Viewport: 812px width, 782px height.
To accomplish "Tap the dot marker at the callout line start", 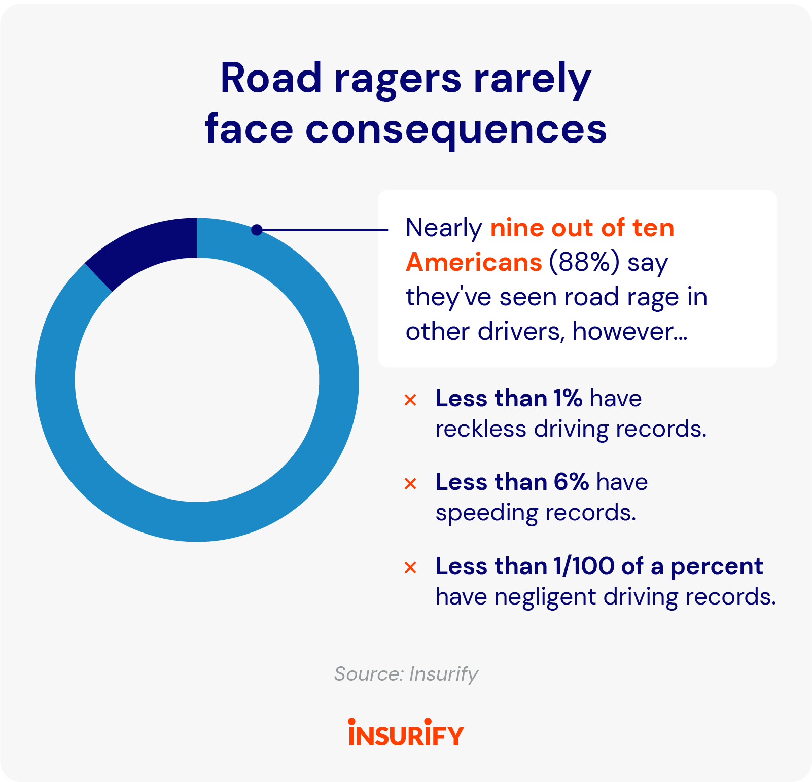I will click(x=257, y=230).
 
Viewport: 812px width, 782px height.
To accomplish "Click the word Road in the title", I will click(x=271, y=79).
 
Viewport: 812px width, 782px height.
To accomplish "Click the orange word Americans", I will click(x=474, y=263).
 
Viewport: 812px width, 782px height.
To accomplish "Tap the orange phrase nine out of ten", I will click(x=582, y=228).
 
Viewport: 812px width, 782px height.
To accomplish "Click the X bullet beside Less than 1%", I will click(x=410, y=400).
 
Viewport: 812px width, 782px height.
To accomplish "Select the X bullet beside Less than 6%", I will click(x=410, y=484).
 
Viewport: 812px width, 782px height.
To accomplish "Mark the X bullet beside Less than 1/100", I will click(x=410, y=567).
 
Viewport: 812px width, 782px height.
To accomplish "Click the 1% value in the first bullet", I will click(x=568, y=399).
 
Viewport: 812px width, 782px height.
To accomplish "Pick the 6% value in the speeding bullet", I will click(x=571, y=482).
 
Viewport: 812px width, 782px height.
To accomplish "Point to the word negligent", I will click(x=545, y=597).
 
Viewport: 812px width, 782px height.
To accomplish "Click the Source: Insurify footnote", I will click(x=406, y=674).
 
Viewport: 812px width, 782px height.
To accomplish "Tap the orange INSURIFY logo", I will click(x=406, y=733).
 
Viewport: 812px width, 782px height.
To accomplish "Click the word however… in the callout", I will click(x=629, y=332).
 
